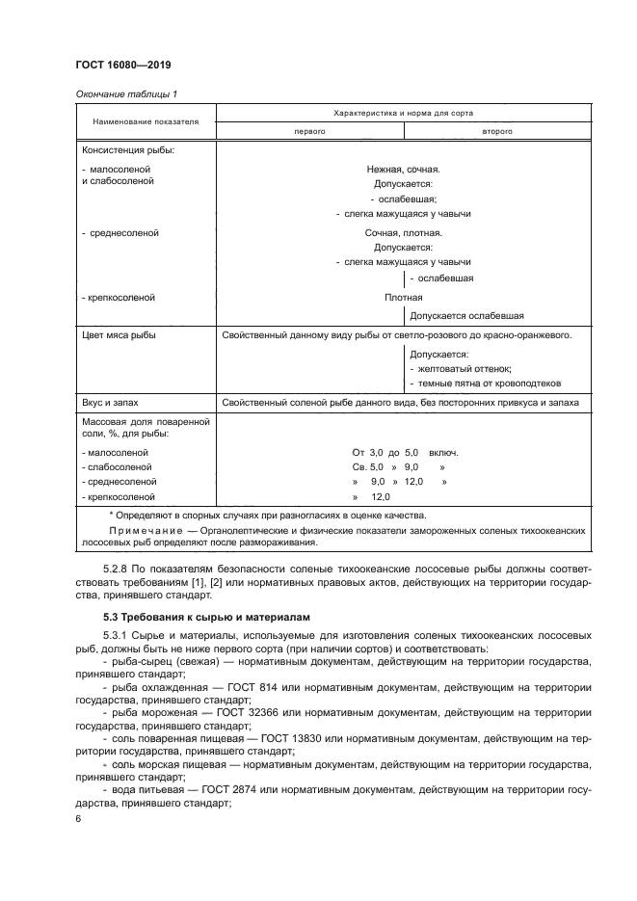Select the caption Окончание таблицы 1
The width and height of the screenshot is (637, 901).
click(125, 93)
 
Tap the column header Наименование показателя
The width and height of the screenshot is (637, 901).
click(146, 122)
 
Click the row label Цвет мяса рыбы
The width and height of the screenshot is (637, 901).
click(119, 335)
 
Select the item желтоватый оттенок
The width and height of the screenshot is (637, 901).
click(463, 368)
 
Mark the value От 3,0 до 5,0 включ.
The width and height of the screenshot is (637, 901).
click(405, 452)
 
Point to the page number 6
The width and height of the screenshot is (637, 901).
click(78, 818)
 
